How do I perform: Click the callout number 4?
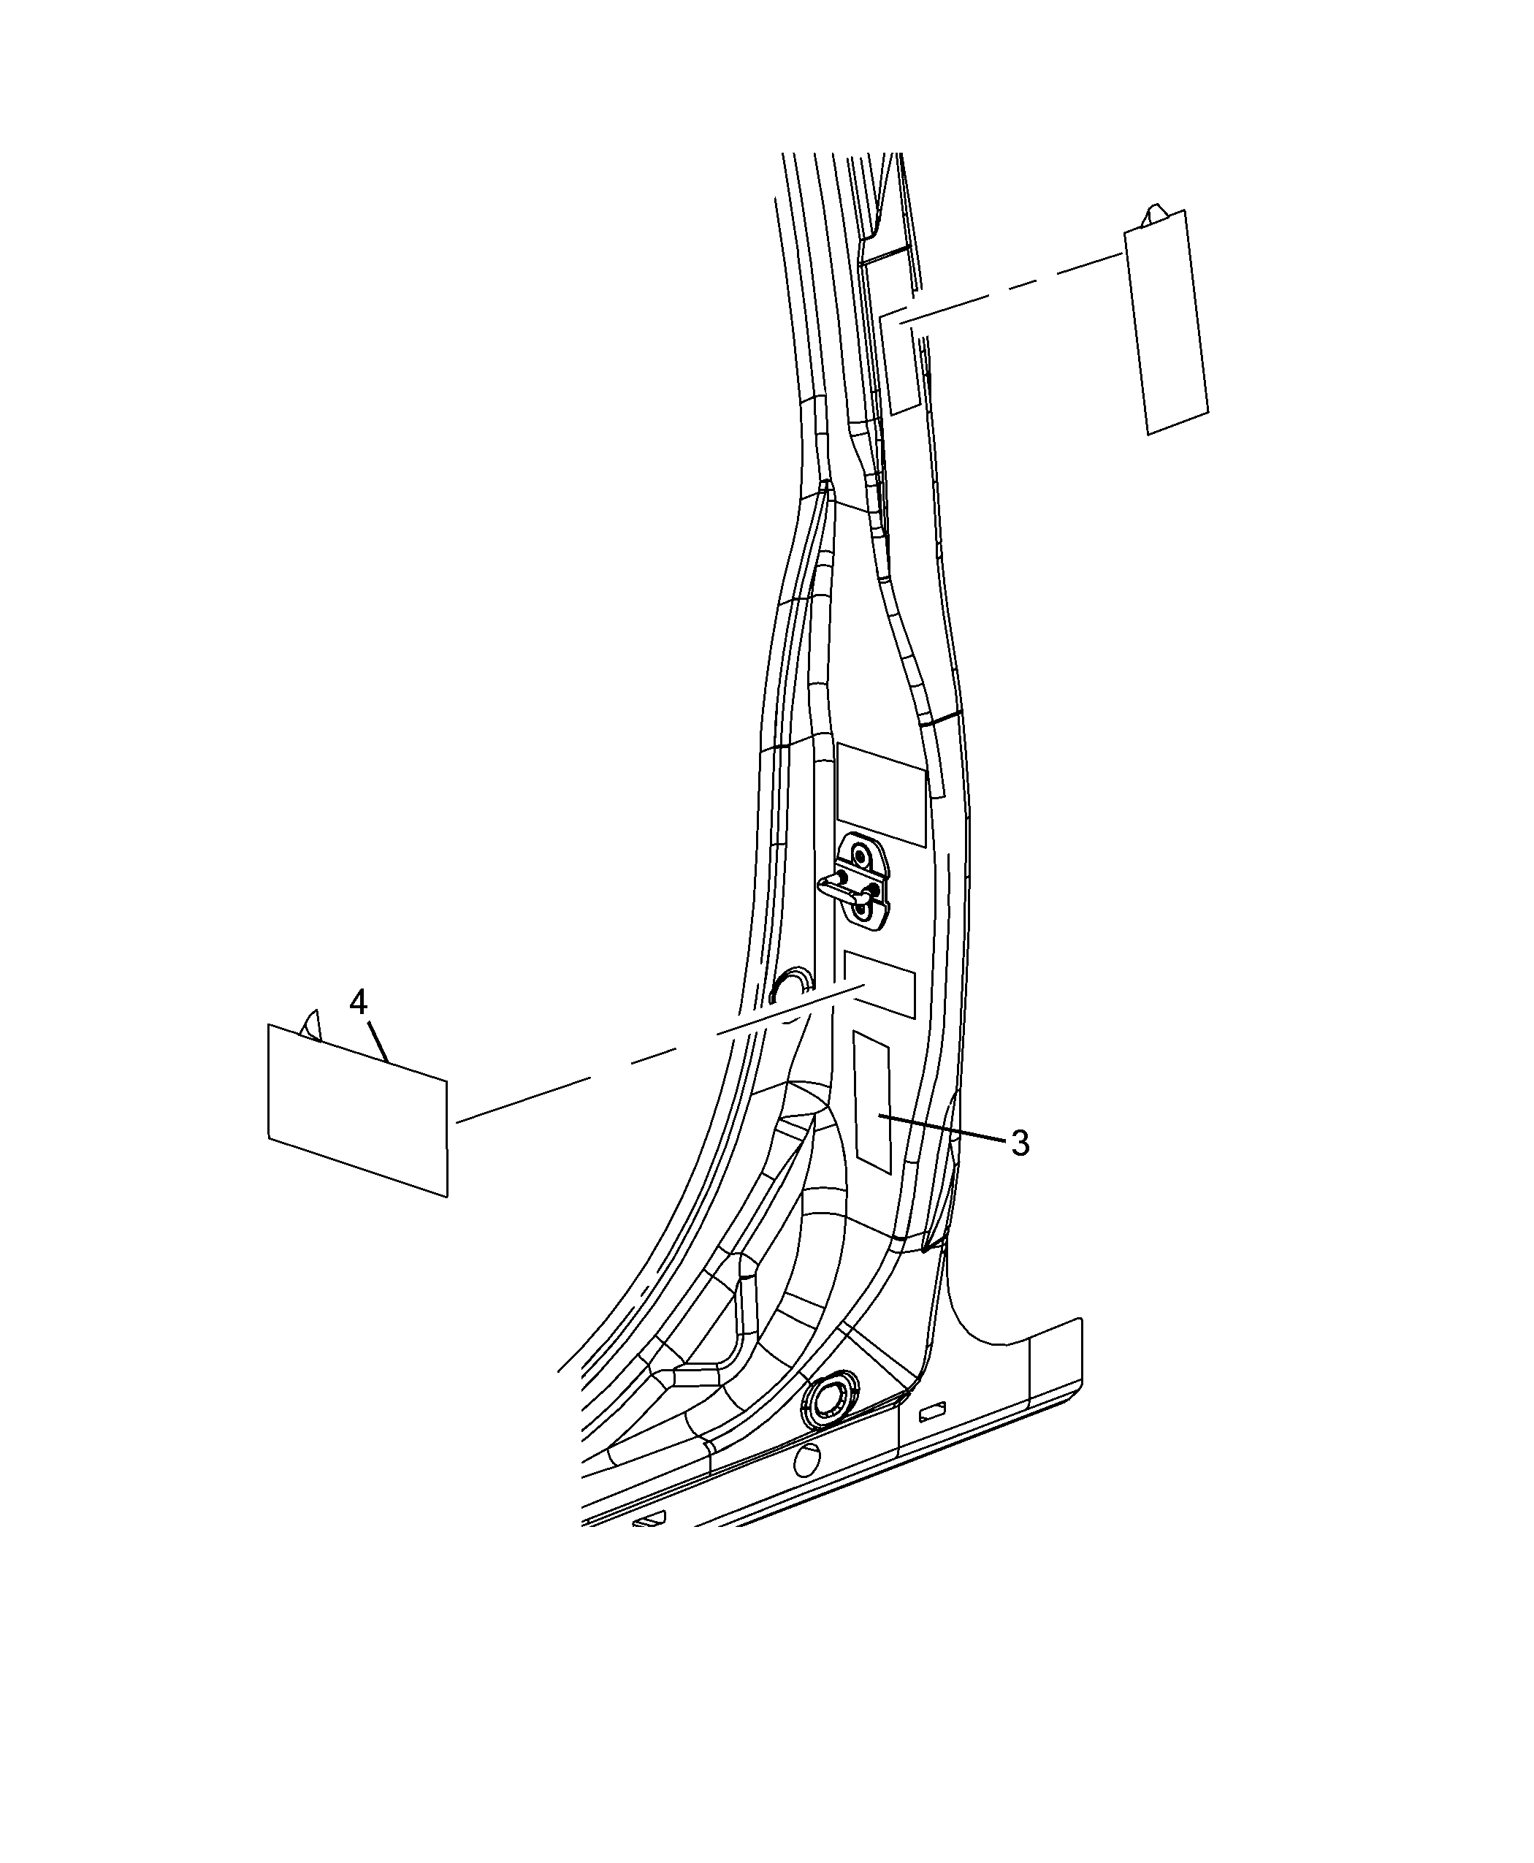click(x=358, y=1002)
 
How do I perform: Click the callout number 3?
click(x=1020, y=1143)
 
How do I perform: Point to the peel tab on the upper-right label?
click(x=1156, y=215)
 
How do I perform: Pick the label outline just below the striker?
click(x=879, y=985)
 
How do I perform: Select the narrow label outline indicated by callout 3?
click(x=871, y=1101)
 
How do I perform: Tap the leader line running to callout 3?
click(x=943, y=1129)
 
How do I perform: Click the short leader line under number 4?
click(x=378, y=1041)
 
